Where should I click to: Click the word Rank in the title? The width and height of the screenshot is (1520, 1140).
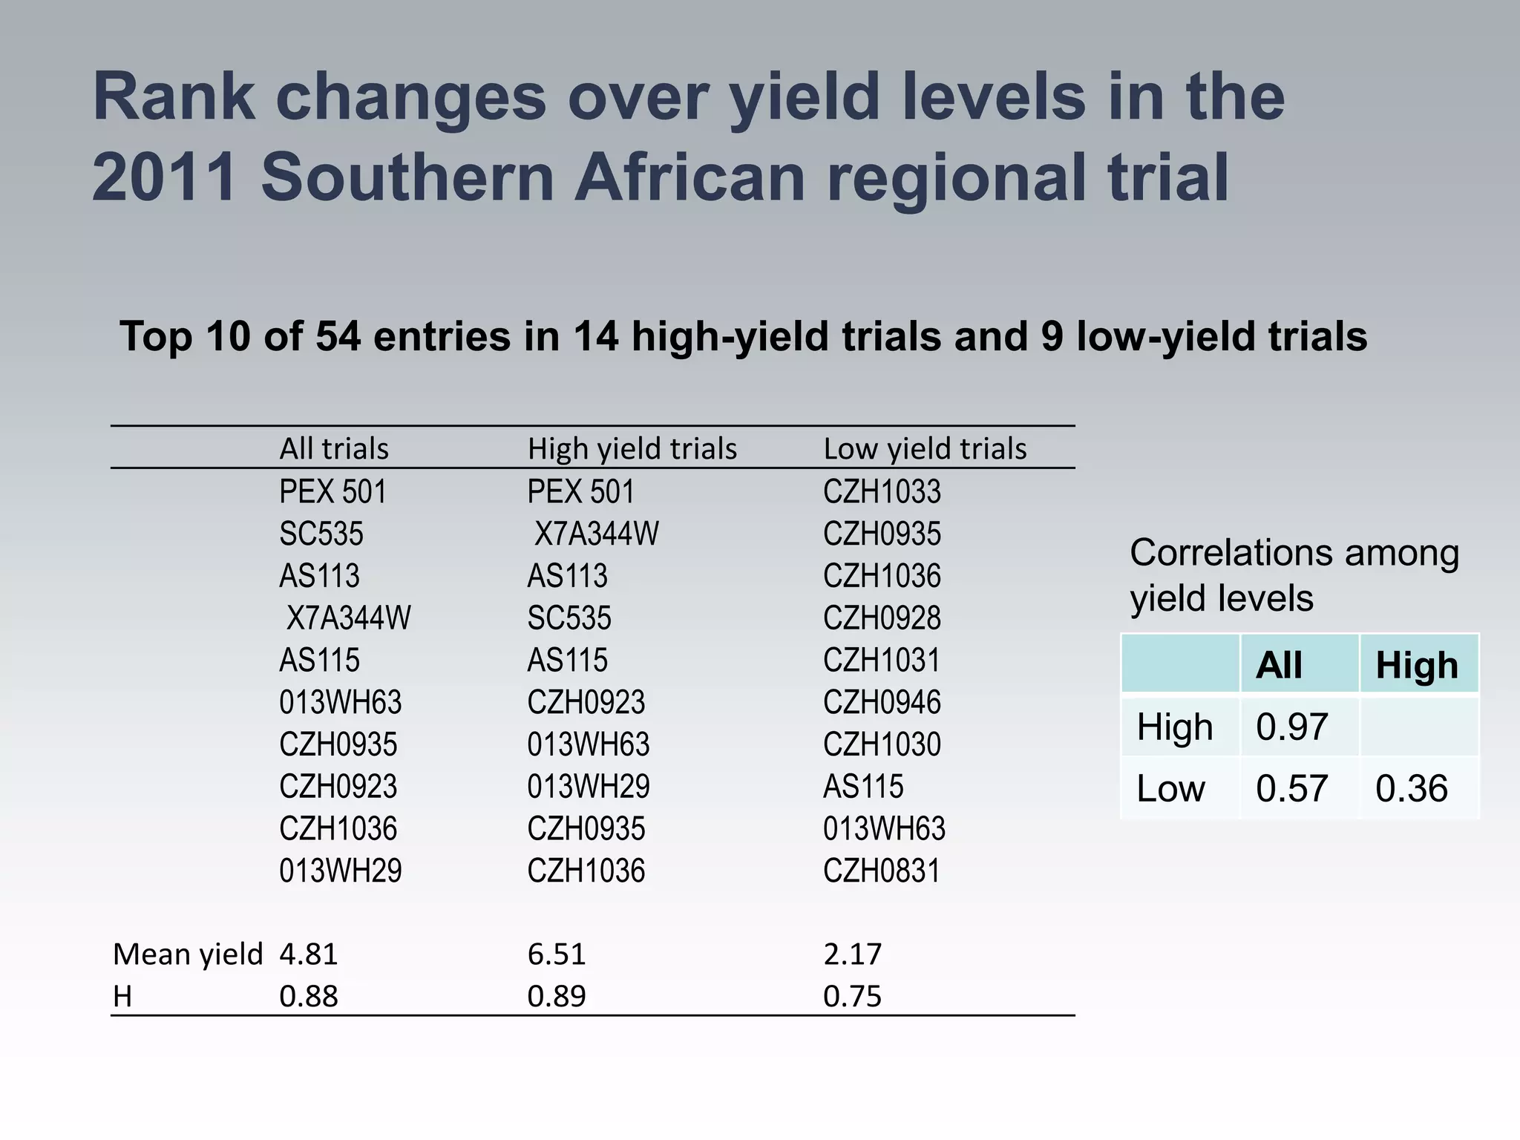[174, 96]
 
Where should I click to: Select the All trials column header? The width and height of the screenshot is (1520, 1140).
[334, 448]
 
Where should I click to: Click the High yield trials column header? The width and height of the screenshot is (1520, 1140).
[632, 448]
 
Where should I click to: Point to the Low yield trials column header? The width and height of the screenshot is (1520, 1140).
[925, 448]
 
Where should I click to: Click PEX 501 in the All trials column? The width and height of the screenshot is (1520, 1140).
[333, 491]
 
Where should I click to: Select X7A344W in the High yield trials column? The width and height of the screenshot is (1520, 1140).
[597, 534]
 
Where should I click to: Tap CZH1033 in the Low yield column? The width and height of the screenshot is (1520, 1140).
[882, 491]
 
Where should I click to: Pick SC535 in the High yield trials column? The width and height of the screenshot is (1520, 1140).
[569, 617]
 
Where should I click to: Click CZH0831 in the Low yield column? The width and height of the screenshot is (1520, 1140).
[882, 871]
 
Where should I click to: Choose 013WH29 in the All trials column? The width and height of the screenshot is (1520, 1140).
[341, 871]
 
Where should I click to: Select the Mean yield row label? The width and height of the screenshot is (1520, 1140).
[188, 954]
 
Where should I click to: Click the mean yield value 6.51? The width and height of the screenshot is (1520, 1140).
[557, 954]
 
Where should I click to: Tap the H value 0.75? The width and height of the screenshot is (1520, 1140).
[852, 996]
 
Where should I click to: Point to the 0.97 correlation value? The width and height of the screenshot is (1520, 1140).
[1291, 726]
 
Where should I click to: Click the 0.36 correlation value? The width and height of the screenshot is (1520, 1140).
[1411, 788]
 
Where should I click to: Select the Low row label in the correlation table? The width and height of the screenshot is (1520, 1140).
[1170, 788]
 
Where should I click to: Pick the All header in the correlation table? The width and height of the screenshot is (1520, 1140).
[1279, 665]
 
